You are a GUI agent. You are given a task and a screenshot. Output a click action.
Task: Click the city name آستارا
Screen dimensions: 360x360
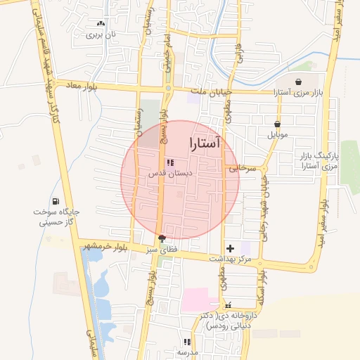point(205,143)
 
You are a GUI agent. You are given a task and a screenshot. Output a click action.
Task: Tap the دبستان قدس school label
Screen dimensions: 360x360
point(165,174)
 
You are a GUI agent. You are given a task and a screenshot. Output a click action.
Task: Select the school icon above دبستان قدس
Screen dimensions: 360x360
point(169,163)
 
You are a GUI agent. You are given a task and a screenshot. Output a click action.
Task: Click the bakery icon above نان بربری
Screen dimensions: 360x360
point(101,23)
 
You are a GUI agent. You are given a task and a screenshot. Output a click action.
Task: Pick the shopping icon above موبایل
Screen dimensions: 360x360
point(278,124)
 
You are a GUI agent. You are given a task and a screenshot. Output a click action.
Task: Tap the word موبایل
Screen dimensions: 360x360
point(278,134)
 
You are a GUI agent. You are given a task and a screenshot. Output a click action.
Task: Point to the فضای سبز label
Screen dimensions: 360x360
point(162,249)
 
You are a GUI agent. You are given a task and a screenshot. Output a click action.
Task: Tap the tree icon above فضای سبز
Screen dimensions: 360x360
point(162,238)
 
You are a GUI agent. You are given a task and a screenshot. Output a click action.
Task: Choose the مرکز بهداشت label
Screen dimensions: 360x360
point(231,259)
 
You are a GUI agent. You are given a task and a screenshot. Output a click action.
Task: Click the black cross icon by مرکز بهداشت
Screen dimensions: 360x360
point(230,247)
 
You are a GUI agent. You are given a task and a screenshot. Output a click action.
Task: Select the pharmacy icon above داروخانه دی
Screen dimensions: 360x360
point(228,306)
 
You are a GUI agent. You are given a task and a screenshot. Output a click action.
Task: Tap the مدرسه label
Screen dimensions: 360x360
point(188,352)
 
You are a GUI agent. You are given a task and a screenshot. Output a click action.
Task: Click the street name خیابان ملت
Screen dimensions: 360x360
point(212,92)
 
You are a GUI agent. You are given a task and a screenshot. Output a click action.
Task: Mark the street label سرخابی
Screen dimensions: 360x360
point(239,169)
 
